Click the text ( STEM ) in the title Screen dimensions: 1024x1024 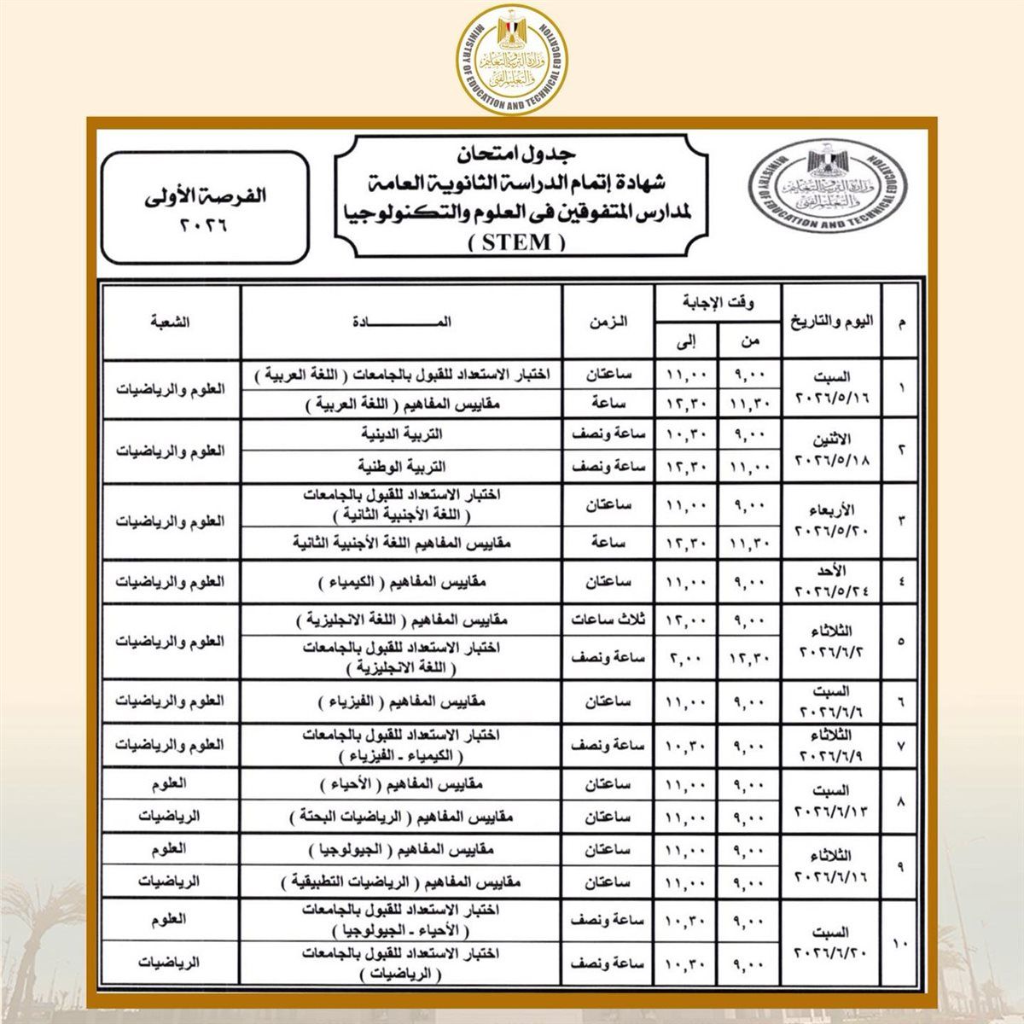pos(518,242)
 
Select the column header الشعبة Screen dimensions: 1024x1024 pos(170,322)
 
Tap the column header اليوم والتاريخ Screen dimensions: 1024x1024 pos(832,322)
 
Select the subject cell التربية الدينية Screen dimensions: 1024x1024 pos(401,434)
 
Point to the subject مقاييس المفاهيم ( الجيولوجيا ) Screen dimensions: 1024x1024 pos(401,850)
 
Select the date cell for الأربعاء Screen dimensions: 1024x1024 pos(832,521)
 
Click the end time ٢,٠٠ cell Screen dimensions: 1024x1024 pos(687,658)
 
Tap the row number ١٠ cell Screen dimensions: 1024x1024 pos(902,943)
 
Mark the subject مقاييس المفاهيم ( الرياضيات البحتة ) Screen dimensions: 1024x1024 pos(401,817)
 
